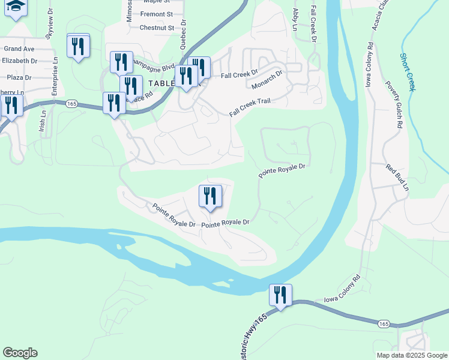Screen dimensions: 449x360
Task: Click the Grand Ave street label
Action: coord(19,49)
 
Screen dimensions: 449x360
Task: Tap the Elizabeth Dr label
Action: coord(20,61)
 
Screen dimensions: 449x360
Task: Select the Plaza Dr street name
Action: coord(19,77)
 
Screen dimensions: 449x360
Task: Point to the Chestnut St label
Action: coord(156,28)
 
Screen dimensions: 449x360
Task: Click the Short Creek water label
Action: coord(408,71)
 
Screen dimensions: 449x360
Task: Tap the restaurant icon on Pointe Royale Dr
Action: coord(210,196)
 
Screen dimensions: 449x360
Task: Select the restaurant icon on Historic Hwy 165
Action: coord(280,295)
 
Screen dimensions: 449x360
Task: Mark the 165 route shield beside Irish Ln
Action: coord(71,103)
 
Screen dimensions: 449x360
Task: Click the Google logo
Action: coord(20,353)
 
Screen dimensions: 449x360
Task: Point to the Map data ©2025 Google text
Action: coord(412,355)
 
